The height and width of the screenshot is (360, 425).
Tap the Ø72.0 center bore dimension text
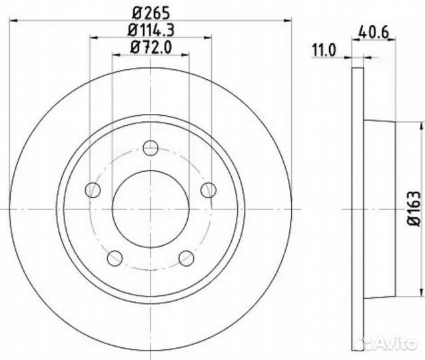pos(151,49)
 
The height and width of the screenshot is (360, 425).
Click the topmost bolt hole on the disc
pos(151,147)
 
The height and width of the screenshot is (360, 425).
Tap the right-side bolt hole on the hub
pos(209,190)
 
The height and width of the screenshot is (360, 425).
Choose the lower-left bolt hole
pos(115,257)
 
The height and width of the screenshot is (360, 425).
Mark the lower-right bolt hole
pos(187,257)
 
